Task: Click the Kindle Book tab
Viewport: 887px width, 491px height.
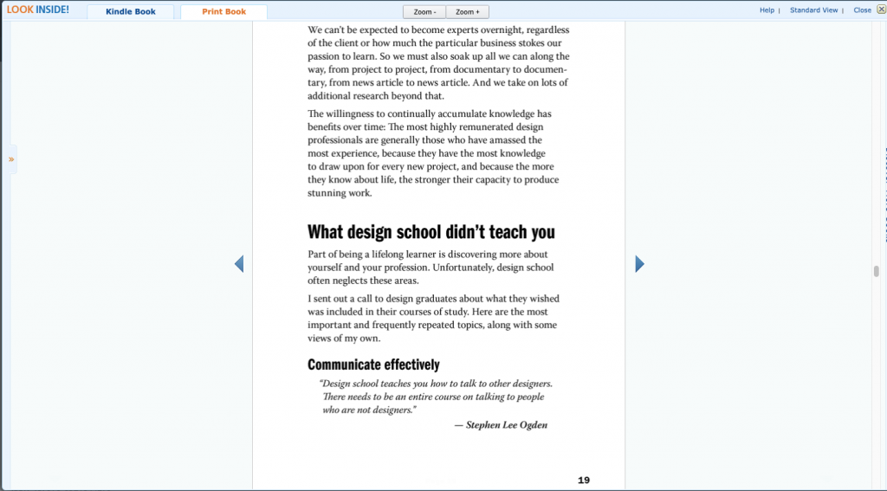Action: [131, 12]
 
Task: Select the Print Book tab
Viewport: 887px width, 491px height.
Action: [223, 12]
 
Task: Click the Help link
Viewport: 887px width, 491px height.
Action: [767, 10]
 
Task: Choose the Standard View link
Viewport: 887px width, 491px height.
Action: [813, 10]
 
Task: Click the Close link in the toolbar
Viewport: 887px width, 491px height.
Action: [862, 10]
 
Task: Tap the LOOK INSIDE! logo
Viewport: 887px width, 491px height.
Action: [38, 10]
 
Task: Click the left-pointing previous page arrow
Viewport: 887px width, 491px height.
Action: [239, 264]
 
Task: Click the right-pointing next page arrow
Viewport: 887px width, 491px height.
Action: [639, 264]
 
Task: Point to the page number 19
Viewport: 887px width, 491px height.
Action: [584, 480]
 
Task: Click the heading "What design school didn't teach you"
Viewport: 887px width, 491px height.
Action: [431, 232]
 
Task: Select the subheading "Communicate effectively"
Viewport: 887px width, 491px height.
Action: [373, 365]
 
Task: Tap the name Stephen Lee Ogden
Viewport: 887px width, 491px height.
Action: [507, 425]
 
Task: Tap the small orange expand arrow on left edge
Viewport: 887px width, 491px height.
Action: [11, 159]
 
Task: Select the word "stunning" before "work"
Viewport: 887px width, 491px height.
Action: [327, 193]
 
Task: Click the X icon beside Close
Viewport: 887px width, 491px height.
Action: [880, 10]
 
